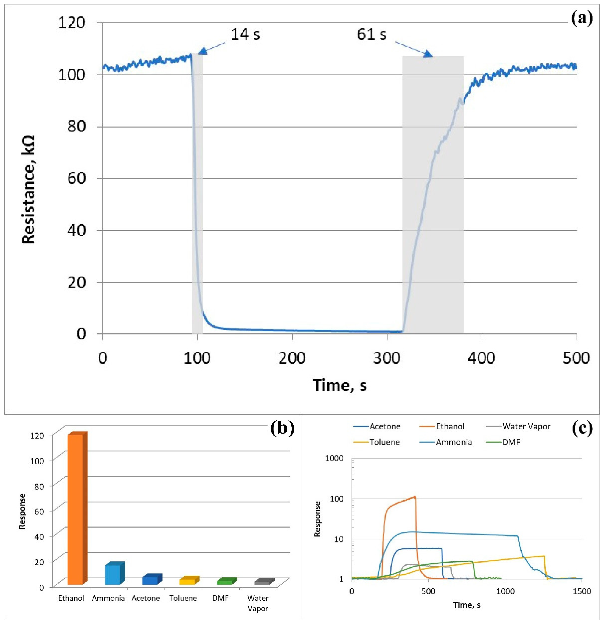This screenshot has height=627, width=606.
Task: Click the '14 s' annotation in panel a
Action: pos(245,34)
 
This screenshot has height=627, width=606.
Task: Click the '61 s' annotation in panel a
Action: pos(371,34)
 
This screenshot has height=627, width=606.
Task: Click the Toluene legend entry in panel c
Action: pos(384,442)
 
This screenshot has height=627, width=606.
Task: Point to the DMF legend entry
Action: pos(511,442)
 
